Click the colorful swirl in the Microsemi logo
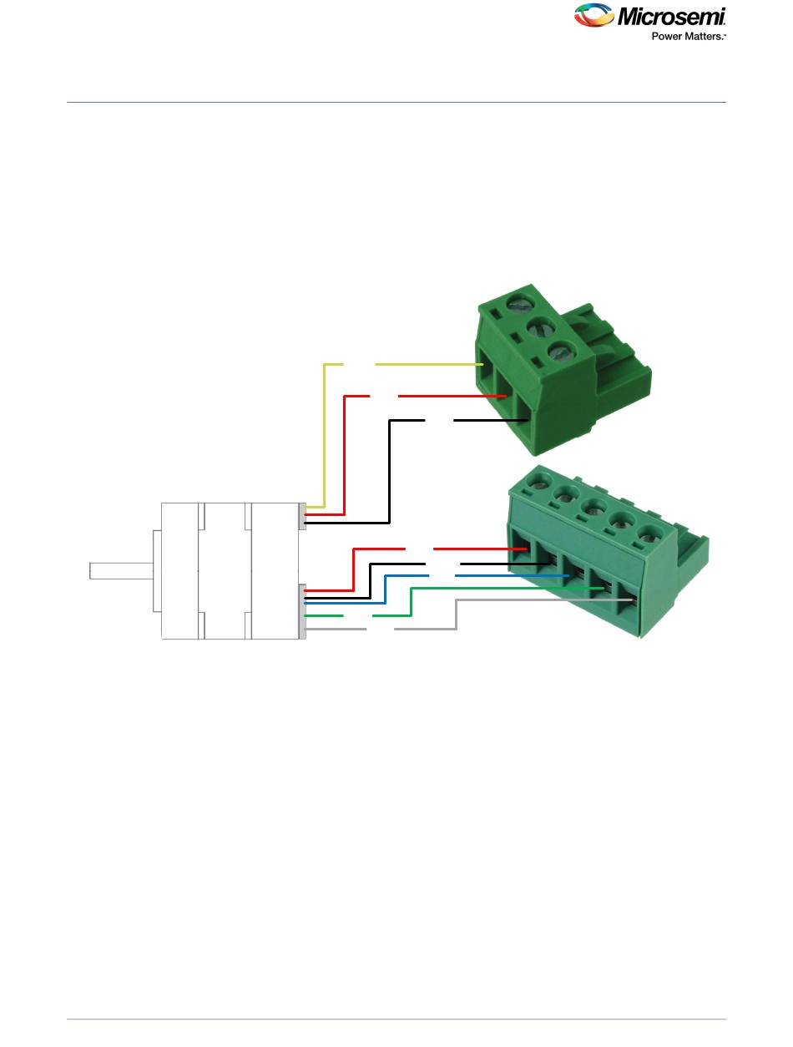tap(593, 15)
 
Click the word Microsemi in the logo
tap(671, 17)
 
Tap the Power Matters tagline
tap(688, 36)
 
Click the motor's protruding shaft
tap(122, 571)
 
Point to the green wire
tap(411, 601)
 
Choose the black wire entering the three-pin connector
tap(390, 473)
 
